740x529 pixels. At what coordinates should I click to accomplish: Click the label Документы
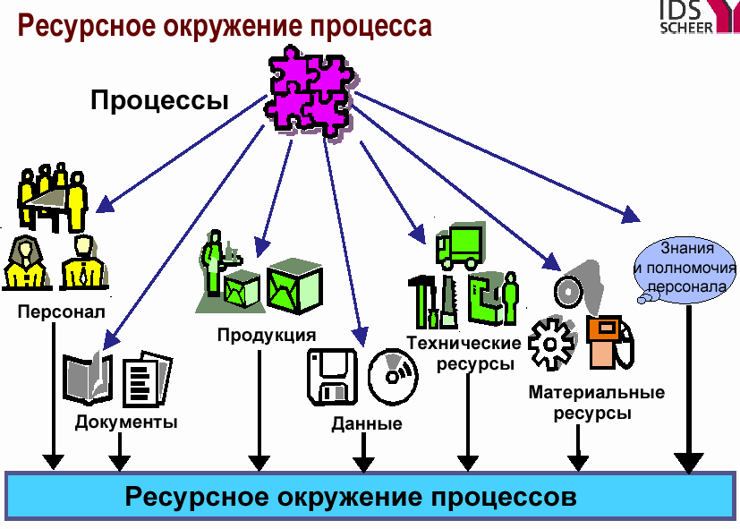click(x=126, y=422)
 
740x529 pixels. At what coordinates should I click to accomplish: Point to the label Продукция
click(x=267, y=336)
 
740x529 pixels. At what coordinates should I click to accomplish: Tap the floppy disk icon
click(x=332, y=376)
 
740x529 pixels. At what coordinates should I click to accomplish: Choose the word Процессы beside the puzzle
click(x=159, y=100)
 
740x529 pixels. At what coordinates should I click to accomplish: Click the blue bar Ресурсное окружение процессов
click(x=370, y=496)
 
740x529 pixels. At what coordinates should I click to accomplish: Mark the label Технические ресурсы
click(x=464, y=354)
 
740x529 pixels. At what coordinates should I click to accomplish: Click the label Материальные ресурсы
click(x=596, y=403)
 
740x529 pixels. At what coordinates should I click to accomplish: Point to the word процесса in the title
click(x=367, y=25)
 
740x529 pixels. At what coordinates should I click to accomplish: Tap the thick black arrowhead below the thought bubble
click(x=687, y=462)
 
